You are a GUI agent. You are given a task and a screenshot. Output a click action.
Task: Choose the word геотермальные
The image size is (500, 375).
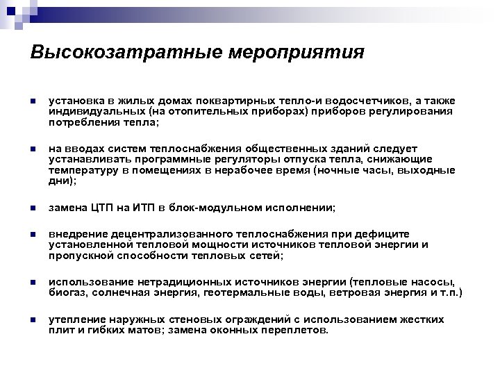[x=247, y=294]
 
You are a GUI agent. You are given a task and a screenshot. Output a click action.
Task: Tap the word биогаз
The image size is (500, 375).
[x=67, y=294]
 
